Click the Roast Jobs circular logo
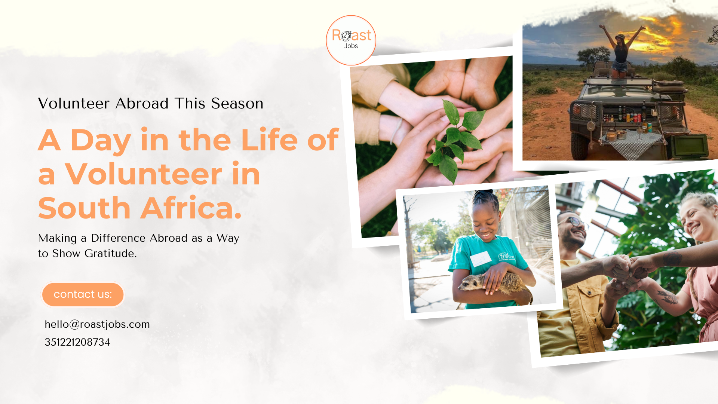tap(351, 40)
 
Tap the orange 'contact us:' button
tap(83, 294)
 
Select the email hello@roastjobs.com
tap(97, 324)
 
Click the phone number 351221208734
tap(77, 342)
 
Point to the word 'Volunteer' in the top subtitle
tap(74, 103)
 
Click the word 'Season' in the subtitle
tap(237, 103)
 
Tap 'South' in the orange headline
tap(84, 208)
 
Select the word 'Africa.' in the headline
tap(191, 208)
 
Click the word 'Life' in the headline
tap(270, 140)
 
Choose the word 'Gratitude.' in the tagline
tap(111, 254)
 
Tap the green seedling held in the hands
tap(455, 140)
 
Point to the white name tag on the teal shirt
tap(481, 258)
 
